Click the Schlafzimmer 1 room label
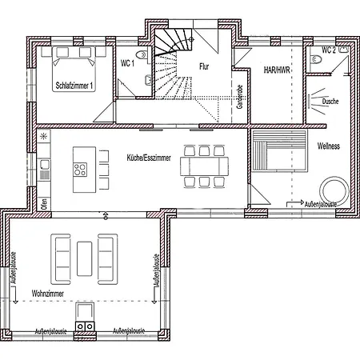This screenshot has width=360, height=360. click(x=74, y=86)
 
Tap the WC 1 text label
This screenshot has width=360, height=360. click(x=127, y=63)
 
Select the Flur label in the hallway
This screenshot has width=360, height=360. click(x=204, y=66)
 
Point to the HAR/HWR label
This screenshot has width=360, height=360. click(x=277, y=70)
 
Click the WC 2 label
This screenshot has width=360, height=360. click(x=329, y=50)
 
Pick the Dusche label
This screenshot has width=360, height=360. click(x=330, y=102)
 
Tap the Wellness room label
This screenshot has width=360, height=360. click(x=329, y=146)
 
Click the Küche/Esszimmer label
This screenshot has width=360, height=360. click(x=149, y=158)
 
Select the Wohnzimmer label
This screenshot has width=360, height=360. click(x=48, y=294)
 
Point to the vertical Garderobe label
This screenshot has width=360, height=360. click(x=239, y=97)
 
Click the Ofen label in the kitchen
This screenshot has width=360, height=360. click(x=44, y=204)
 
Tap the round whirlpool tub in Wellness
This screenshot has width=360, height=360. click(x=334, y=190)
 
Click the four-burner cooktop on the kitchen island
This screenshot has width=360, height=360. click(x=80, y=170)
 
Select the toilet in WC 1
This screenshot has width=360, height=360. click(x=142, y=55)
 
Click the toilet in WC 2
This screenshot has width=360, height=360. click(x=316, y=59)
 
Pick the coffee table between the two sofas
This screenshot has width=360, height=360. click(x=84, y=259)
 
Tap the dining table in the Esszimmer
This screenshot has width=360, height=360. click(x=204, y=166)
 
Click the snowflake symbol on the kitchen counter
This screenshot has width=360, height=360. click(x=43, y=137)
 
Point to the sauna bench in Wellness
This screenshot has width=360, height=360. click(x=279, y=150)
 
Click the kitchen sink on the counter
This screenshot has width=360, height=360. click(x=44, y=164)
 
